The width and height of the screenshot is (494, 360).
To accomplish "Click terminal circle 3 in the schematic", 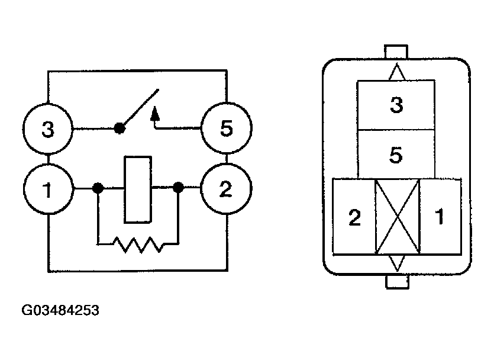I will (48, 129).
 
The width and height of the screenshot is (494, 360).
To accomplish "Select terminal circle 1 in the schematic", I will (48, 190).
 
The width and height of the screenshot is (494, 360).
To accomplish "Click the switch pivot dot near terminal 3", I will (120, 127).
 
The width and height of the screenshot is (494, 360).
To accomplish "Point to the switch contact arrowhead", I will (156, 111).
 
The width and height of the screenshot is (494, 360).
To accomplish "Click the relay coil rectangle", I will (137, 189).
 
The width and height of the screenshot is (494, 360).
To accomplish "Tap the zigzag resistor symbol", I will (138, 244).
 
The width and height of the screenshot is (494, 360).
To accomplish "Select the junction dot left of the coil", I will (98, 189).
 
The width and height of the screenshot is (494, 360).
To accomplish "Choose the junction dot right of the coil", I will (177, 189).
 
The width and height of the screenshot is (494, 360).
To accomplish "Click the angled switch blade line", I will (140, 108).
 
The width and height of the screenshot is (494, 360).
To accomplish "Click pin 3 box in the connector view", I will (396, 106).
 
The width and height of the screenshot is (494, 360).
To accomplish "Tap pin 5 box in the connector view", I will (396, 155).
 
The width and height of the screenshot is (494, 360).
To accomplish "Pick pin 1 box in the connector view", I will (440, 217).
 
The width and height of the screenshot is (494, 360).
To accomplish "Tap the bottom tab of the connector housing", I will (397, 281).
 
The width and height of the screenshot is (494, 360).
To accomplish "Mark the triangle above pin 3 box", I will (396, 72).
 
